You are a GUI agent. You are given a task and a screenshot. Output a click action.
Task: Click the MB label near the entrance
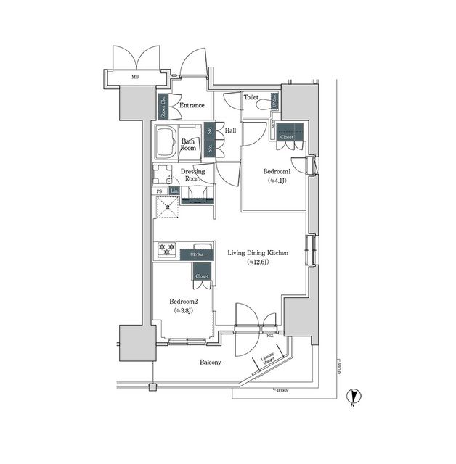[x=134, y=76]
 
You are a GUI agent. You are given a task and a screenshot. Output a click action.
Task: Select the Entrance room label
[x=192, y=105]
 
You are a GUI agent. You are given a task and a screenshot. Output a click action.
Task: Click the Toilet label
[x=251, y=96]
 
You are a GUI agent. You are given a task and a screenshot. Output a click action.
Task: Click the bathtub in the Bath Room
[x=165, y=143]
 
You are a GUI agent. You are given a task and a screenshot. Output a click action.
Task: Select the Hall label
[x=230, y=130]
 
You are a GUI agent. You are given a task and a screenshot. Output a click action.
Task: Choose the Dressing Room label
[x=193, y=175]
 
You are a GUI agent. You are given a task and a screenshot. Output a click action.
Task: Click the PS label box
[x=159, y=191]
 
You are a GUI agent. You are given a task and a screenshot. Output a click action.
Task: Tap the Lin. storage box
[x=174, y=191]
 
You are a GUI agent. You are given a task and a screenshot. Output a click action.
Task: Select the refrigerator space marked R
[x=168, y=207]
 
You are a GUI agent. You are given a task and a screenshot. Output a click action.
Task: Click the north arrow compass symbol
[x=354, y=396]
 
